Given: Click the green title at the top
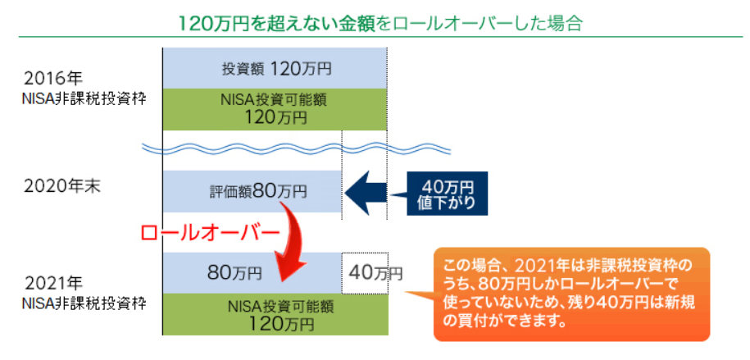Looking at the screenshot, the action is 380,22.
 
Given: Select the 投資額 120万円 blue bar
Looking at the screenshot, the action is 275,68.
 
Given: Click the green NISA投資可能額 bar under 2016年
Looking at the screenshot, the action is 275,110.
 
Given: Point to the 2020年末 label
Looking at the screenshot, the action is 62,187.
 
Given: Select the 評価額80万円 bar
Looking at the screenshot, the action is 252,192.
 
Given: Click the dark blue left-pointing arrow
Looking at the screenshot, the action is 366,193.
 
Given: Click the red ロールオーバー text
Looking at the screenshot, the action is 210,233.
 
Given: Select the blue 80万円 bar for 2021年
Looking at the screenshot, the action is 252,273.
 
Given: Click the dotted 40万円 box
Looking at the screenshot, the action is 365,273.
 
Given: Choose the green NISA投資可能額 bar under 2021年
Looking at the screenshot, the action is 275,314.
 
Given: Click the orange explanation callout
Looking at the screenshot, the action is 571,294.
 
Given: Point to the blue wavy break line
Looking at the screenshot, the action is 298,148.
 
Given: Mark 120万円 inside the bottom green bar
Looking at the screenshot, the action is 281,324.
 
